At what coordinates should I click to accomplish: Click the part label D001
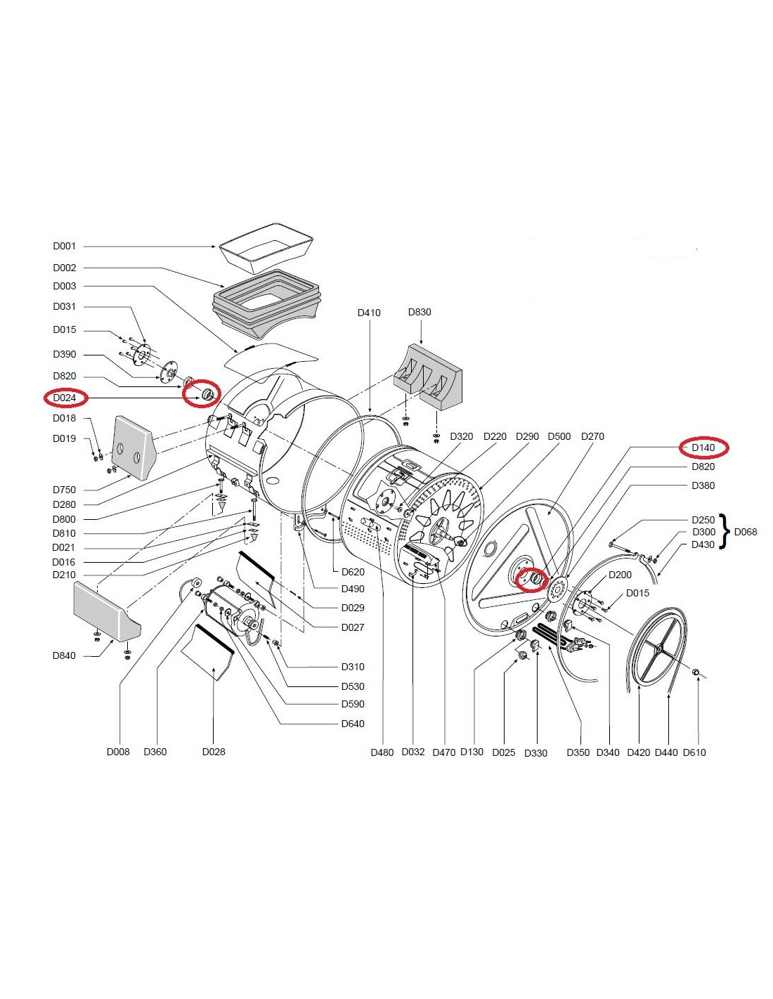pyautogui.click(x=64, y=247)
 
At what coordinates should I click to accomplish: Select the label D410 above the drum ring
pyautogui.click(x=369, y=313)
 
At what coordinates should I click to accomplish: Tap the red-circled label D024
pyautogui.click(x=65, y=398)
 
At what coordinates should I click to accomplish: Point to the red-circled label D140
pyautogui.click(x=703, y=448)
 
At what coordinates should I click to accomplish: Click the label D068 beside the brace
pyautogui.click(x=746, y=532)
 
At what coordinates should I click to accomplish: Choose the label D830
pyautogui.click(x=420, y=312)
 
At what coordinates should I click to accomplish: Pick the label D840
pyautogui.click(x=64, y=656)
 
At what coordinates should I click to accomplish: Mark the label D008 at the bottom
pyautogui.click(x=118, y=752)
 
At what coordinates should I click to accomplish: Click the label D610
pyautogui.click(x=694, y=752)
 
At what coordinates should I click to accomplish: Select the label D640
pyautogui.click(x=353, y=724)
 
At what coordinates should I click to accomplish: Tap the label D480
pyautogui.click(x=382, y=752)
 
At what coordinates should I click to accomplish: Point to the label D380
pyautogui.click(x=703, y=485)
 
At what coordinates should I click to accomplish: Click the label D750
pyautogui.click(x=64, y=490)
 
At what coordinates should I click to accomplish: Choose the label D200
pyautogui.click(x=620, y=575)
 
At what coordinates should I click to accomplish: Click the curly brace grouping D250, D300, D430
pyautogui.click(x=726, y=532)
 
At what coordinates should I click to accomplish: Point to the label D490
pyautogui.click(x=353, y=589)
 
